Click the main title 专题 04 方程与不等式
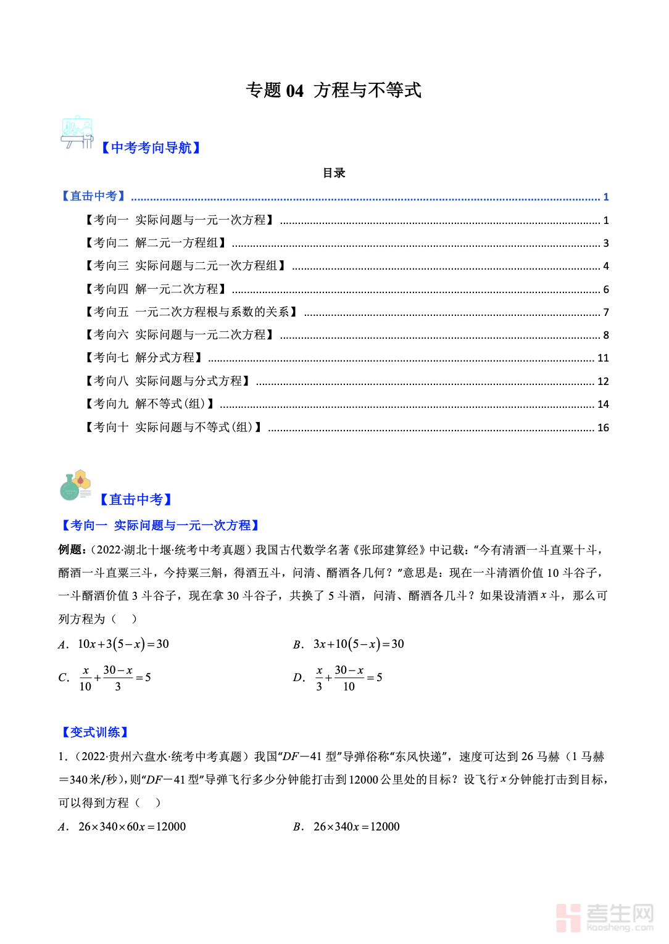[x=333, y=90]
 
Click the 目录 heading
[x=334, y=173]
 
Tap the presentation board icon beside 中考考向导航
[x=77, y=132]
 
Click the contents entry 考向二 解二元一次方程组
[x=156, y=243]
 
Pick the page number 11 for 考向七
[x=603, y=358]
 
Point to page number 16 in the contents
[x=603, y=428]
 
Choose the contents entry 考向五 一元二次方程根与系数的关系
[x=191, y=312]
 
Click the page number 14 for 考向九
[x=603, y=404]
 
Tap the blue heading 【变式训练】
[x=94, y=732]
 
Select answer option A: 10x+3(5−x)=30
[x=123, y=644]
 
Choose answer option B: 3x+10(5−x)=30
[x=358, y=644]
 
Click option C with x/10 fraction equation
[x=114, y=677]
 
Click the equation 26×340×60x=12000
[x=131, y=827]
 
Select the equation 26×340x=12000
[x=356, y=827]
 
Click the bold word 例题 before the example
[x=70, y=550]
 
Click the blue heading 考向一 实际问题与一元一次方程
[x=160, y=525]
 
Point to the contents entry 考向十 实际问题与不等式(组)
[x=173, y=428]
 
